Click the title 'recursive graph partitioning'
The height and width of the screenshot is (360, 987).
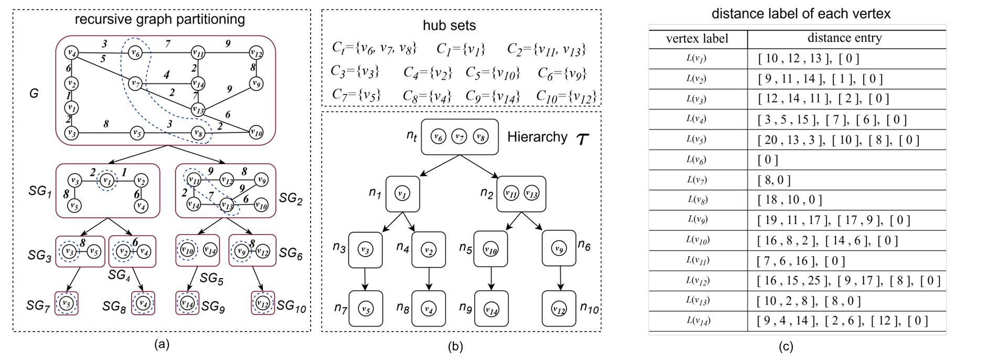point(160,19)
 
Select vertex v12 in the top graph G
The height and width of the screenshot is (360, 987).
point(256,52)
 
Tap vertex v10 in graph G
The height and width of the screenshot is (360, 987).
point(256,132)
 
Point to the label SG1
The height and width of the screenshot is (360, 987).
point(40,191)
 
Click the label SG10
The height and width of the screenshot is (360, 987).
point(291,306)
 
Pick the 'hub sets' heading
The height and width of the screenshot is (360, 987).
point(449,25)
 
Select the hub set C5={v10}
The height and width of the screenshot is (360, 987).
point(492,73)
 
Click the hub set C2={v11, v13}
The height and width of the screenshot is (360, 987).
point(546,49)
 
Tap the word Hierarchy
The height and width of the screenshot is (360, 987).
point(537,137)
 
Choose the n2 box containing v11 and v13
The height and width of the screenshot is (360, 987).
point(521,194)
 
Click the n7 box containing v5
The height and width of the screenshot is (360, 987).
point(366,309)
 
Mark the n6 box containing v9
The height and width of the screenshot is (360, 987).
point(559,248)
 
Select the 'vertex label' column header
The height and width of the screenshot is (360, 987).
point(697,39)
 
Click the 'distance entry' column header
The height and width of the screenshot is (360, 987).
point(844,38)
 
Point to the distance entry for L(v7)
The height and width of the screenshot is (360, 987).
point(774,180)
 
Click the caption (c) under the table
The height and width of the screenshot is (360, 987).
point(786,346)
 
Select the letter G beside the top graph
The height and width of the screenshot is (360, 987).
point(34,94)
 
